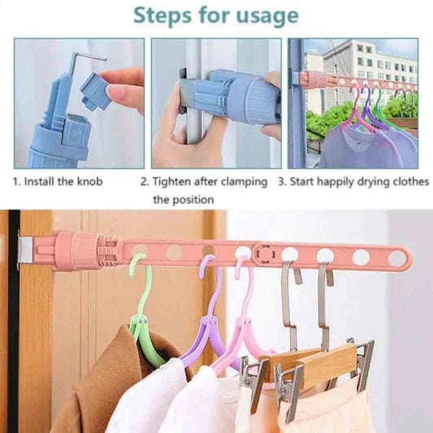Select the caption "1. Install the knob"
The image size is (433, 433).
(58, 182)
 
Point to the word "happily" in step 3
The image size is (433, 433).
(336, 182)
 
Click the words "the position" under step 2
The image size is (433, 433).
(184, 200)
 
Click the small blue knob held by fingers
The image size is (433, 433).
(96, 90)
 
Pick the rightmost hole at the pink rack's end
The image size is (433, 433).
(396, 258)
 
